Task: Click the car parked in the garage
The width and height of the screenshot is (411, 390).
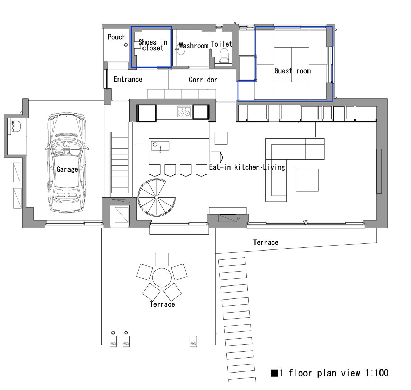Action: pyautogui.click(x=66, y=162)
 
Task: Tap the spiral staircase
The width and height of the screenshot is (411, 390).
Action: pyautogui.click(x=157, y=197)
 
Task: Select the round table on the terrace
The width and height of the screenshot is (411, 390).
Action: pyautogui.click(x=162, y=278)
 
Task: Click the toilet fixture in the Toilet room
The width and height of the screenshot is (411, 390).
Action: pyautogui.click(x=224, y=56)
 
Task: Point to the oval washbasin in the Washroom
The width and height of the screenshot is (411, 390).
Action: pyautogui.click(x=180, y=49)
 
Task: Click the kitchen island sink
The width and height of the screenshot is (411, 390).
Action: pyautogui.click(x=160, y=146)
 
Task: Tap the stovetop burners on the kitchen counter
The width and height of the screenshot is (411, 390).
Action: pyautogui.click(x=184, y=111)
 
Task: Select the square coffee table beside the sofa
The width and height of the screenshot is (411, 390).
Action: pyautogui.click(x=307, y=180)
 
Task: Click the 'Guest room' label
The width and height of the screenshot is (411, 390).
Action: pyautogui.click(x=292, y=71)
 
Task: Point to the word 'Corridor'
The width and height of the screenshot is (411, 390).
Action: pyautogui.click(x=203, y=80)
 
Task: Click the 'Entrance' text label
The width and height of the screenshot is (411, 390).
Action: pyautogui.click(x=128, y=79)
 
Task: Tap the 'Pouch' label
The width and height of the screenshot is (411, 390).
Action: pyautogui.click(x=116, y=37)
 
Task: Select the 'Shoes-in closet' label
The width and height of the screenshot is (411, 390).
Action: pyautogui.click(x=153, y=45)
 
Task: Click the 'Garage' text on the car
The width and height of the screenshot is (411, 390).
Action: pyautogui.click(x=67, y=169)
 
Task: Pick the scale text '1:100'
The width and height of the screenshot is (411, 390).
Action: pyautogui.click(x=377, y=373)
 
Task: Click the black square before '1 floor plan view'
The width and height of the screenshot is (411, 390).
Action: pyautogui.click(x=274, y=373)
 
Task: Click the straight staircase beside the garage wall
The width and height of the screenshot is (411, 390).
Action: pyautogui.click(x=120, y=162)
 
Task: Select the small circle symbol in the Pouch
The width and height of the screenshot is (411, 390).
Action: pyautogui.click(x=126, y=45)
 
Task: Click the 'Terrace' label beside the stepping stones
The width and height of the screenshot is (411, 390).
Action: pyautogui.click(x=266, y=242)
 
